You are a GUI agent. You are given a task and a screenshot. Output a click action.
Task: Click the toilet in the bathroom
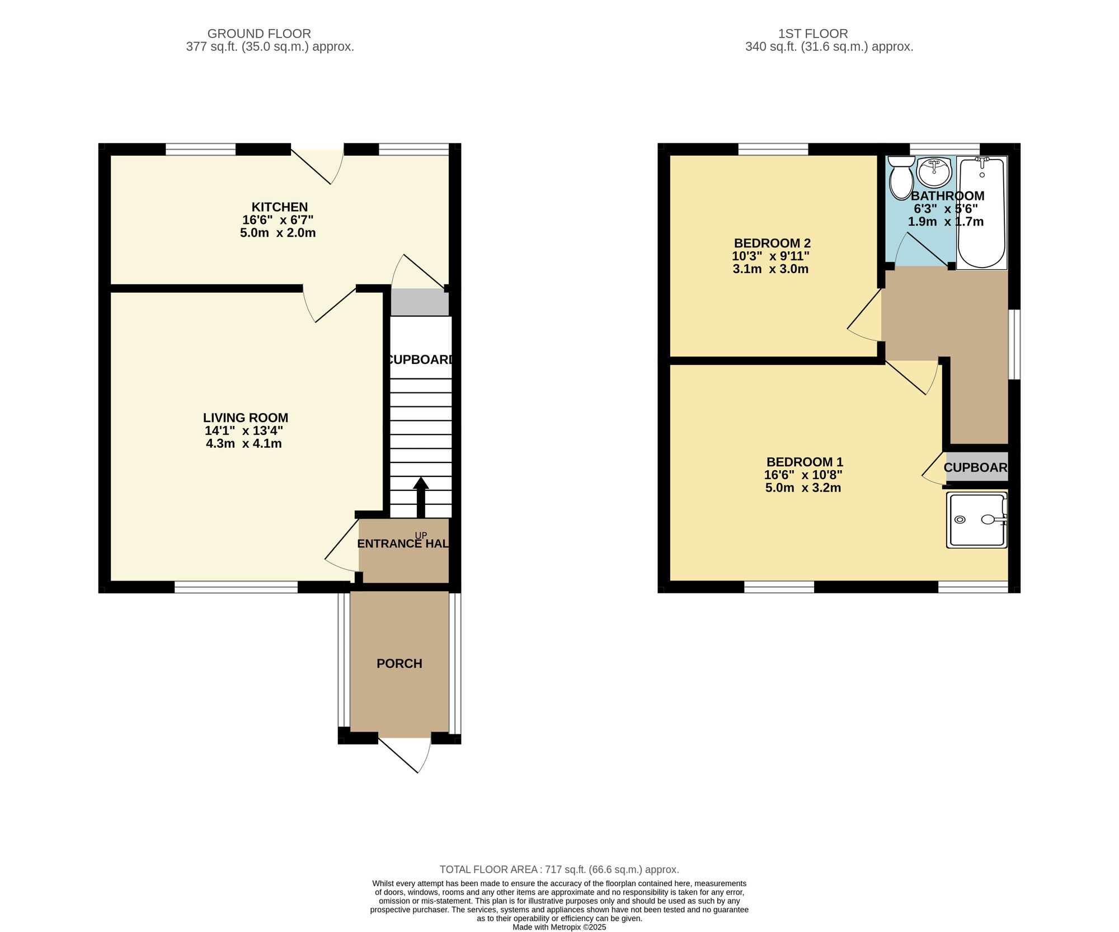(x=901, y=178)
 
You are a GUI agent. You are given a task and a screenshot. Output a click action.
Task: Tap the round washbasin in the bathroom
(x=934, y=172)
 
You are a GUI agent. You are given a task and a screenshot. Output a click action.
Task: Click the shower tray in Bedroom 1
(x=976, y=521)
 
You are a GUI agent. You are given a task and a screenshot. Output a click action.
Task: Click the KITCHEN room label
(x=279, y=207)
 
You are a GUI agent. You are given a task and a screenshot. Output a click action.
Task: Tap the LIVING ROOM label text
(x=246, y=418)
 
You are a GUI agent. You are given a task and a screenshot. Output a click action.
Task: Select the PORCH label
(x=399, y=663)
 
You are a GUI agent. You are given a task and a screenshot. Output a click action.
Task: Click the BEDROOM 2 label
(x=772, y=243)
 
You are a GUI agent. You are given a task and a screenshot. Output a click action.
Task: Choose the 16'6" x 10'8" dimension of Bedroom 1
(x=803, y=475)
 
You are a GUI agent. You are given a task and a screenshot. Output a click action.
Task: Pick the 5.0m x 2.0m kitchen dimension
(x=278, y=233)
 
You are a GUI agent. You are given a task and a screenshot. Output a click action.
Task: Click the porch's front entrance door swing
(x=411, y=753)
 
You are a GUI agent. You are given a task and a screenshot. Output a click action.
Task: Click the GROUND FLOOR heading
(x=259, y=34)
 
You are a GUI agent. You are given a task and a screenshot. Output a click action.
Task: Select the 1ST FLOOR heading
(x=813, y=34)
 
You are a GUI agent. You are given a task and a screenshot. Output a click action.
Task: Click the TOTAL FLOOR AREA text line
(x=559, y=869)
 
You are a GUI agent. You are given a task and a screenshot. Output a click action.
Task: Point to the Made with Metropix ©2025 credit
(x=559, y=927)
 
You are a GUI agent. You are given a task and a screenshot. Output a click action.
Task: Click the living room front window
(x=236, y=587)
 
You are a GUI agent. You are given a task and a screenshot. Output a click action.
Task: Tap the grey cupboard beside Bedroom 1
(x=976, y=467)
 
